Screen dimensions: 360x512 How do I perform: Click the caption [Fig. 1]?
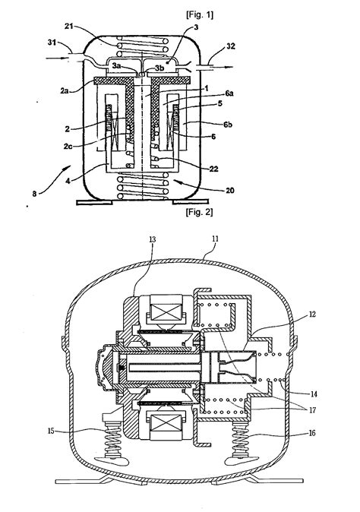pyautogui.click(x=200, y=14)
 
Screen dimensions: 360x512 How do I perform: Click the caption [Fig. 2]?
pyautogui.click(x=199, y=212)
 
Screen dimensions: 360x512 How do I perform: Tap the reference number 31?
pyautogui.click(x=52, y=42)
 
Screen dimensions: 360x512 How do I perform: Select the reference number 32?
pyautogui.click(x=230, y=46)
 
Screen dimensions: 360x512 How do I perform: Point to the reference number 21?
pyautogui.click(x=68, y=26)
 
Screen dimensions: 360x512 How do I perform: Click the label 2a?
pyautogui.click(x=65, y=90)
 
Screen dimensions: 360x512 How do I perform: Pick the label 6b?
pyautogui.click(x=228, y=125)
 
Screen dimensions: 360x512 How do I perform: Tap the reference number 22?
pyautogui.click(x=213, y=169)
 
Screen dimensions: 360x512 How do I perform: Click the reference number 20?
pyautogui.click(x=230, y=190)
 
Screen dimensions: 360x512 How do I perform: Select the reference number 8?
pyautogui.click(x=34, y=194)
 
